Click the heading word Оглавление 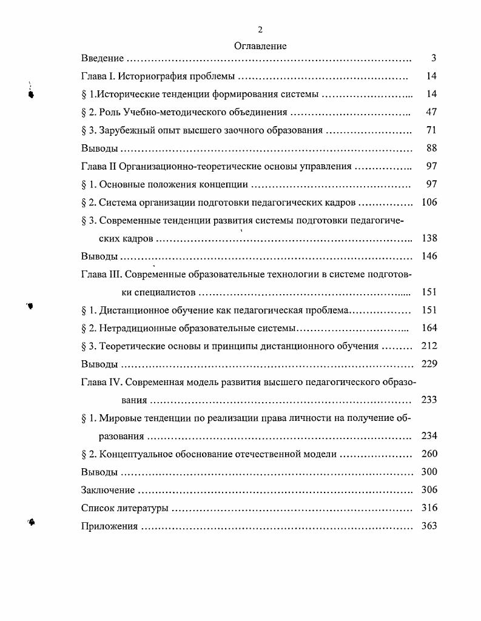tap(260, 45)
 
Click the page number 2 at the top tap(260, 30)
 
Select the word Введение tap(103, 58)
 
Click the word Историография tap(153, 76)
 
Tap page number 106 tap(429, 203)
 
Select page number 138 tap(429, 238)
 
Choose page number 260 tap(429, 454)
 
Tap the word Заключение tap(108, 491)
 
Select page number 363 tap(429, 526)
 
